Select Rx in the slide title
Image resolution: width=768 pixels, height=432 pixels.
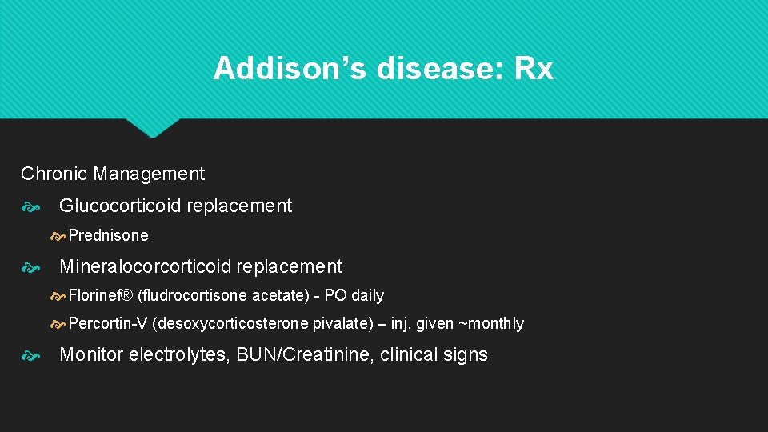click(534, 69)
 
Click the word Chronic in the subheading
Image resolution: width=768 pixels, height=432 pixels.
click(54, 174)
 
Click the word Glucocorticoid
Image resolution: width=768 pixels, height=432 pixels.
click(119, 206)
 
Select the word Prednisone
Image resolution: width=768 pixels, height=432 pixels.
click(108, 235)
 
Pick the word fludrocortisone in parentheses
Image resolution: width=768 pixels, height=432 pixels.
click(194, 295)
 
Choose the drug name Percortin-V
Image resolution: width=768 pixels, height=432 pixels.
click(108, 323)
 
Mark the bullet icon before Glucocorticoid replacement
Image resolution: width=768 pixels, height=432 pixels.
click(30, 206)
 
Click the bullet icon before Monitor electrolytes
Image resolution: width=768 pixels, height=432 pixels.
click(30, 355)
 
